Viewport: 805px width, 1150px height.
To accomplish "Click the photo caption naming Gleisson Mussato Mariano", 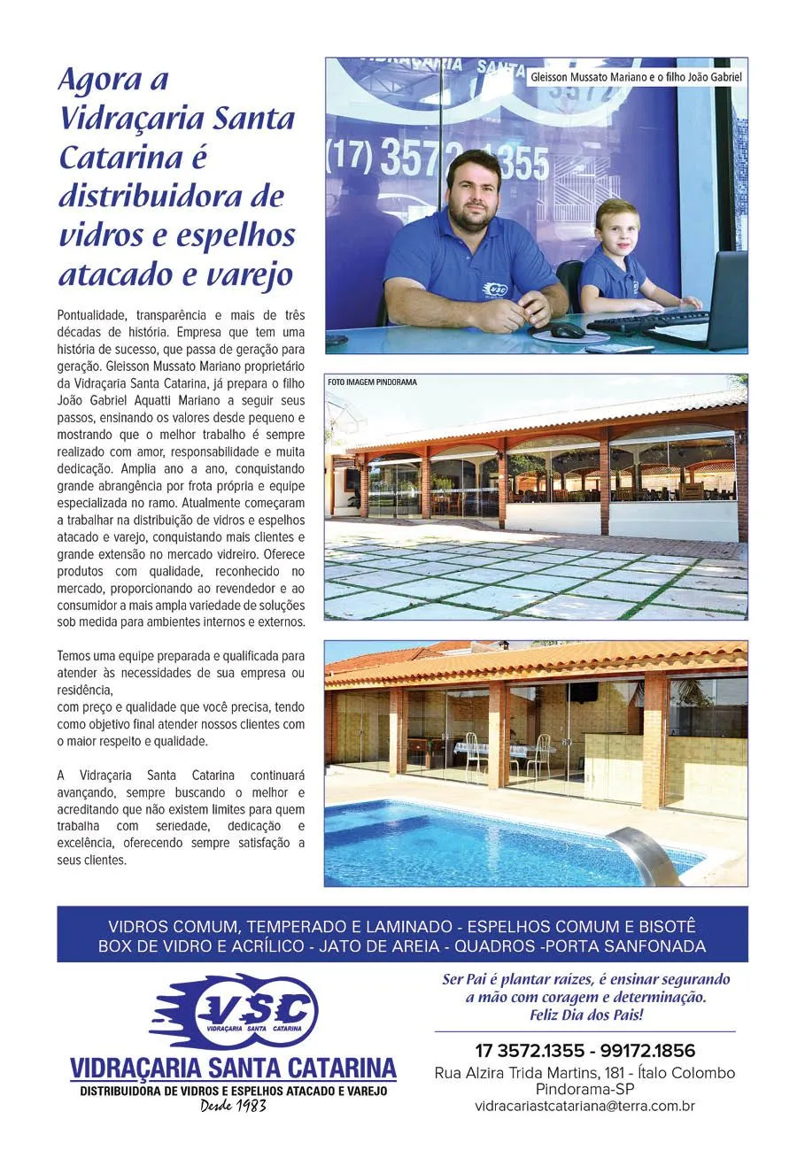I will (x=635, y=77).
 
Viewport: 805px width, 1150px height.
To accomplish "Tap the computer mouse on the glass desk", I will (x=561, y=330).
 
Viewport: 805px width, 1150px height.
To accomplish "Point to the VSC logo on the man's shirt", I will (x=495, y=289).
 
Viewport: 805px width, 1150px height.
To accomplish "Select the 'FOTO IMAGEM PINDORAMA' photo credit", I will (x=371, y=382).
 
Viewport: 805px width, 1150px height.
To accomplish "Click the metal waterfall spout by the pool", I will (x=645, y=853).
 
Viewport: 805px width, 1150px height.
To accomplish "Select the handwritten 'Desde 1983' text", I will (x=233, y=1105).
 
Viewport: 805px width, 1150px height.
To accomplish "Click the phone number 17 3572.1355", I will (x=529, y=1051).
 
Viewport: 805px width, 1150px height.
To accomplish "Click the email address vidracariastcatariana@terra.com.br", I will (x=584, y=1106).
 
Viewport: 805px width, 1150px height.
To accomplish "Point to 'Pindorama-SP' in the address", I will (x=584, y=1089).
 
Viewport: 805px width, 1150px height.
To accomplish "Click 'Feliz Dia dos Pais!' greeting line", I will (x=585, y=1015).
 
